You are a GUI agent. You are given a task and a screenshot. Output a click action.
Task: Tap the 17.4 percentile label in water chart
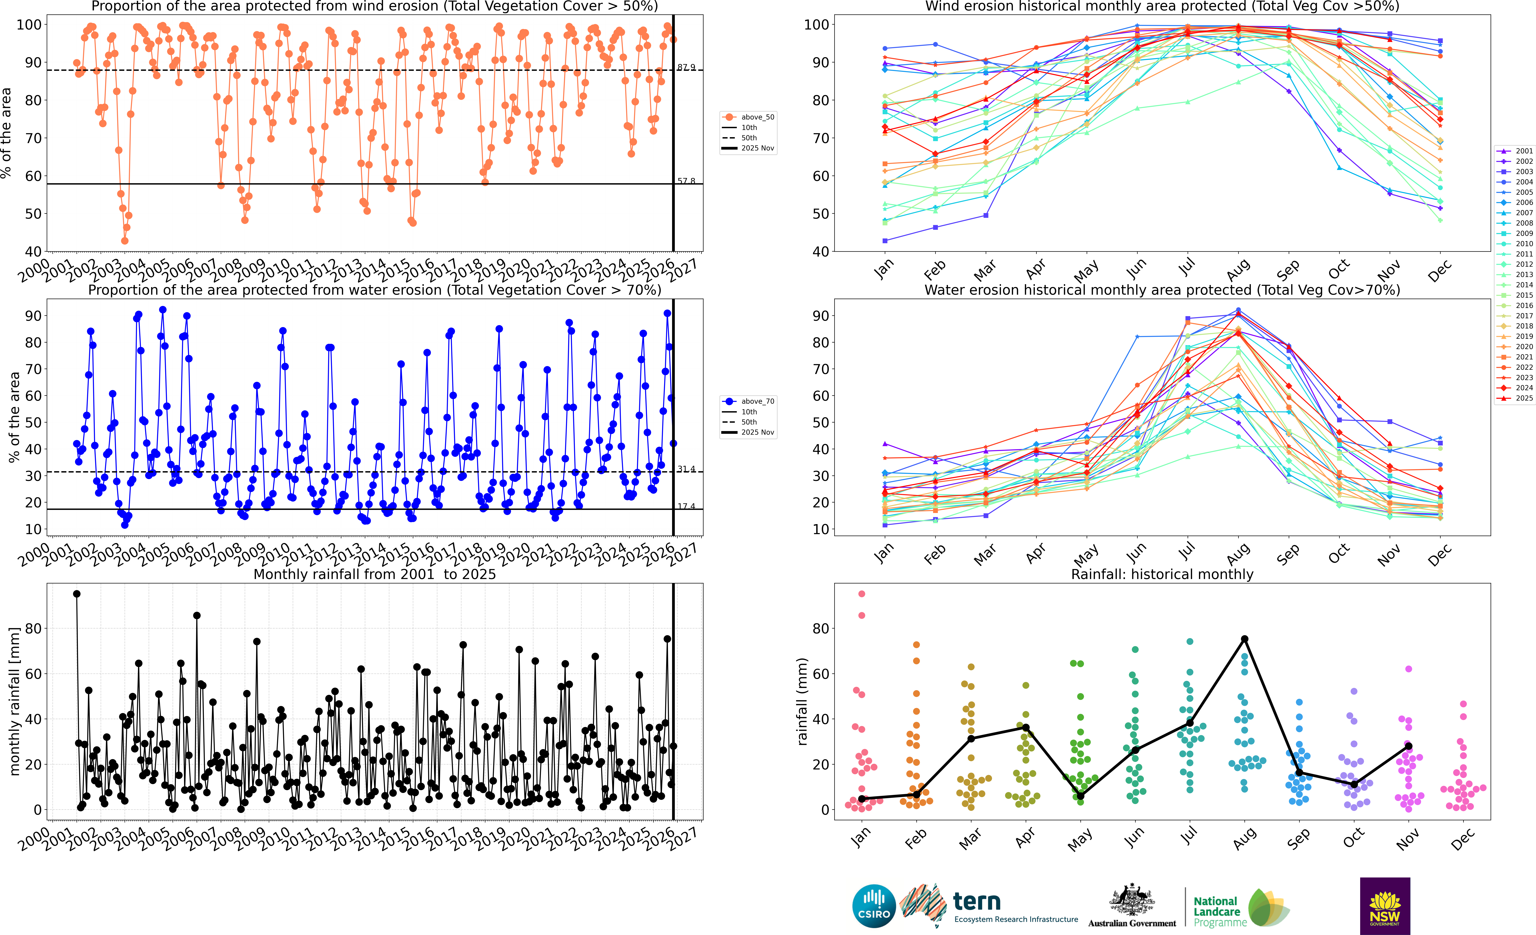coord(686,506)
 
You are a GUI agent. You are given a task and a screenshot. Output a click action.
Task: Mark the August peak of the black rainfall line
coord(1244,639)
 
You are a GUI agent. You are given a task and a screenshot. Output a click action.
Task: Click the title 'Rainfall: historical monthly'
coord(1162,574)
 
